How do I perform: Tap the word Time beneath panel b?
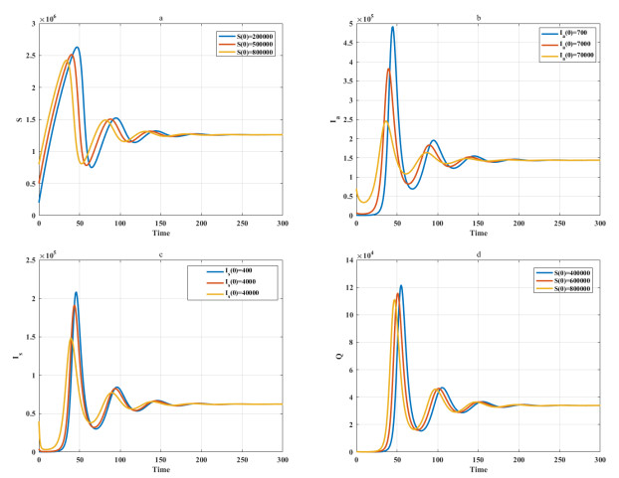click(478, 236)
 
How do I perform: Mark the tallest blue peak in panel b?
click(392, 27)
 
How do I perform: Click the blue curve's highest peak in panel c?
click(76, 292)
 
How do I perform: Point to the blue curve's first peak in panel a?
click(76, 47)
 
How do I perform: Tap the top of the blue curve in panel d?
click(401, 286)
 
